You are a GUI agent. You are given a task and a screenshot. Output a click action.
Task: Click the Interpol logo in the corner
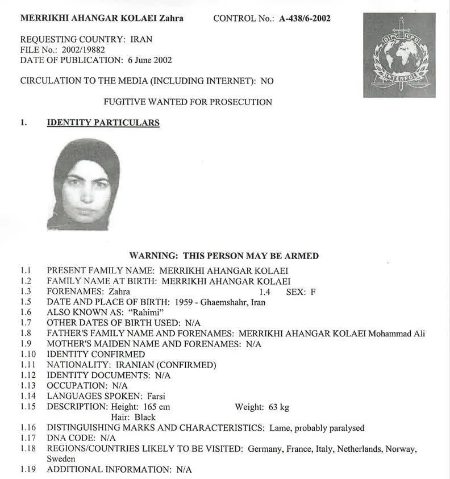399,55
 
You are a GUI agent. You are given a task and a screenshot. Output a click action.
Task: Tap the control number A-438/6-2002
305,18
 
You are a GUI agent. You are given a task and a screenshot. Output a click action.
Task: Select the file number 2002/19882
86,49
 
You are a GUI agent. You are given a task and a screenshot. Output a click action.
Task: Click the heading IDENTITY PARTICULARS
103,122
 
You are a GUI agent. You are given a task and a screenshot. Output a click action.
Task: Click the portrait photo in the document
84,184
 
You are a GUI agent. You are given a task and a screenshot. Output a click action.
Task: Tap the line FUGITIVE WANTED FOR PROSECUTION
188,102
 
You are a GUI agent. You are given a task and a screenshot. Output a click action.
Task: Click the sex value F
312,292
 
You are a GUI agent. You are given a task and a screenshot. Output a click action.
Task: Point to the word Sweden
61,459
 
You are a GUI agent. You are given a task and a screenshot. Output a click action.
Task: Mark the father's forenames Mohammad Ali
396,334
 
